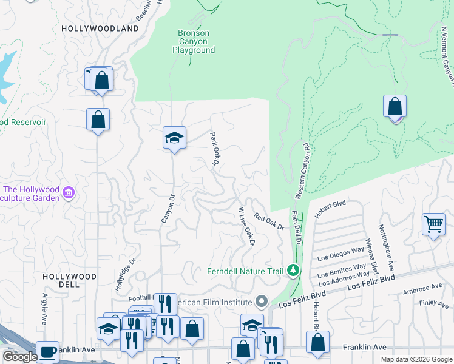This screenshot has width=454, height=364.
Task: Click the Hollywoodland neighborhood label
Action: [x=100, y=29]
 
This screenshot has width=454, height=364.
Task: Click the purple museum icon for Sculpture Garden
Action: [x=69, y=193]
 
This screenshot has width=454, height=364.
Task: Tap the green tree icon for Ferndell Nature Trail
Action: [x=294, y=269]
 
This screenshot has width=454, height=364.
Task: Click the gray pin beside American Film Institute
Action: [x=262, y=302]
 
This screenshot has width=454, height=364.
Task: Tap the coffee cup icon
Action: [x=47, y=352]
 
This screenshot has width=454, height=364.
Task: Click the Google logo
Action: [x=19, y=357]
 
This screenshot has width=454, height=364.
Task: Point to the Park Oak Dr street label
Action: [x=214, y=149]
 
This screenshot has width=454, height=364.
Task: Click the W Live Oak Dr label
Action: [x=245, y=226]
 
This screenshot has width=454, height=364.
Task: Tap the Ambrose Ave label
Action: [x=422, y=287]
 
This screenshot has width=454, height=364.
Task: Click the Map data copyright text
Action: [x=416, y=359]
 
